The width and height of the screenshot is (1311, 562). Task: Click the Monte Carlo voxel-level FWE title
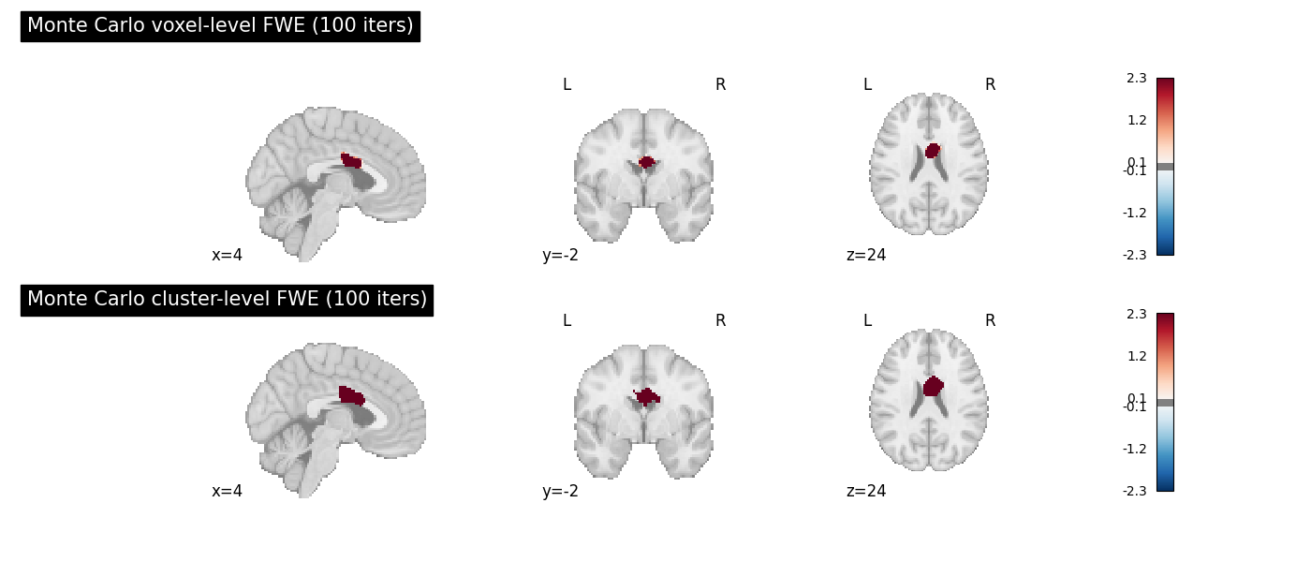(220, 26)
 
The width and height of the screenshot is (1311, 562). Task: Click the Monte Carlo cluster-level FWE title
(227, 300)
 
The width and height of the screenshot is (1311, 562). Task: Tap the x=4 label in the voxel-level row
(227, 255)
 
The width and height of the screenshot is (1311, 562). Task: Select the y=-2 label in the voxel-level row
(560, 255)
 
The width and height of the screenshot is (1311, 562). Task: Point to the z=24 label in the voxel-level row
(866, 255)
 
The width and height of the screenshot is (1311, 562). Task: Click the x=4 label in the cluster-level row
(227, 491)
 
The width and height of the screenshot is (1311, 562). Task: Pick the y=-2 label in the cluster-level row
(560, 491)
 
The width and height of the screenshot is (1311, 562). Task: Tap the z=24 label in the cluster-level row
(866, 491)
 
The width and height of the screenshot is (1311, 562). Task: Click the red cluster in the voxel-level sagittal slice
(351, 160)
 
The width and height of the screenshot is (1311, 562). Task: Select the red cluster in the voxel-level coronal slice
(647, 162)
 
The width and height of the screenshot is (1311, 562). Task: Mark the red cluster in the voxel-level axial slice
(933, 151)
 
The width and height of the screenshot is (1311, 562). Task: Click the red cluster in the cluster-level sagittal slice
(351, 396)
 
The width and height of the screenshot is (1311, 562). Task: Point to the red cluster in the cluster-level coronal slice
(647, 397)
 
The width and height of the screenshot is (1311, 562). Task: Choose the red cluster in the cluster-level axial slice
(934, 386)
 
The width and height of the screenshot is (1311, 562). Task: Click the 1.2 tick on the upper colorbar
(1137, 121)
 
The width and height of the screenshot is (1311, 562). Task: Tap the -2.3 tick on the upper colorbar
(1134, 255)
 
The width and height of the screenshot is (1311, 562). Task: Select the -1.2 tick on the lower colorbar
(1134, 449)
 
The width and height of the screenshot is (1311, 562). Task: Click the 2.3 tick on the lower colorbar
(1137, 315)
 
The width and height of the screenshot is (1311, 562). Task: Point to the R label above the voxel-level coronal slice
(720, 85)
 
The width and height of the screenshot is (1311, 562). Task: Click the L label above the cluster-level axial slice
(867, 320)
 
